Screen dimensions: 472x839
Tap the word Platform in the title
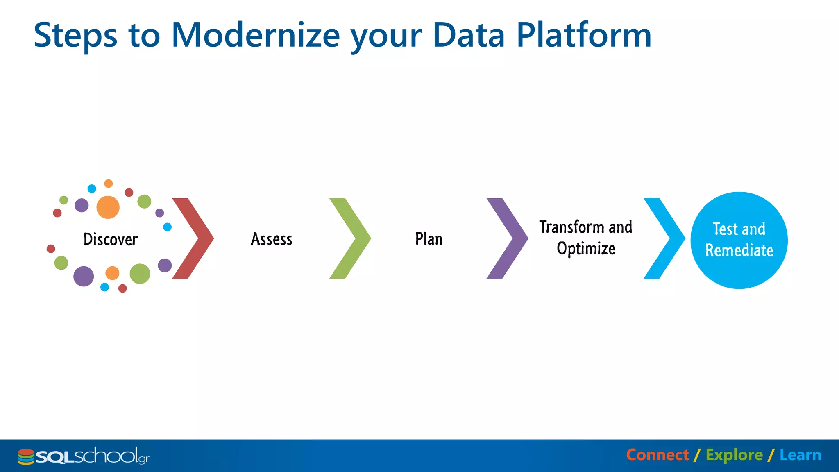(x=584, y=35)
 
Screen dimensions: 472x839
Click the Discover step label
(x=110, y=239)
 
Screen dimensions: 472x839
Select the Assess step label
(x=272, y=239)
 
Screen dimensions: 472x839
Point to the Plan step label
(x=429, y=239)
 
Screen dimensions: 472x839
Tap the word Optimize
(x=586, y=249)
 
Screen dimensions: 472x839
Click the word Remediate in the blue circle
(x=739, y=250)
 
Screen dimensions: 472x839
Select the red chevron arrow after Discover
(x=197, y=238)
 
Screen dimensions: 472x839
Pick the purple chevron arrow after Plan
(x=511, y=238)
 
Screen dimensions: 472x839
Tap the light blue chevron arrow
(x=668, y=238)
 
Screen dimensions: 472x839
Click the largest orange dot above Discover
(x=108, y=207)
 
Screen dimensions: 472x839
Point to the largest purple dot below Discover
(x=84, y=276)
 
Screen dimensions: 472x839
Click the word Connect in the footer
(x=657, y=455)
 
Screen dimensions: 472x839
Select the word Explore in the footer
(x=734, y=455)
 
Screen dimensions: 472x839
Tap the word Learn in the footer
(x=800, y=455)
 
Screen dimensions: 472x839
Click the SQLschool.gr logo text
(x=92, y=456)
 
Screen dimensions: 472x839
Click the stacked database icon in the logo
(x=26, y=457)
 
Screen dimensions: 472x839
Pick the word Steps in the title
(x=75, y=35)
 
